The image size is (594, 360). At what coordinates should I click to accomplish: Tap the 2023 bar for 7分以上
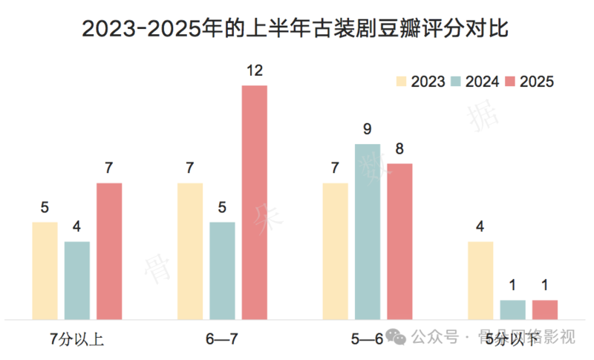(x=45, y=270)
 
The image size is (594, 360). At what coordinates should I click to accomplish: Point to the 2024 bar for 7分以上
(x=77, y=280)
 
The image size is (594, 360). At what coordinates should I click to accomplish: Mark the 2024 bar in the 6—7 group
(x=222, y=270)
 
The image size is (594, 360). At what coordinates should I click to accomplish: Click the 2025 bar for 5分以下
(x=545, y=310)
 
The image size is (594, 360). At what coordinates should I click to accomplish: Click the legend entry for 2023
(x=420, y=82)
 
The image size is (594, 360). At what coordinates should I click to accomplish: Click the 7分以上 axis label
(x=76, y=340)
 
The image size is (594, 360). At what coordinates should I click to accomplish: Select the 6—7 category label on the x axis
(x=222, y=340)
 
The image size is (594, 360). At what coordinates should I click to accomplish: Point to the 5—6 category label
(x=368, y=340)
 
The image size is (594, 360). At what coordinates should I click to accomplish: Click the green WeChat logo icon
(x=398, y=338)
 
